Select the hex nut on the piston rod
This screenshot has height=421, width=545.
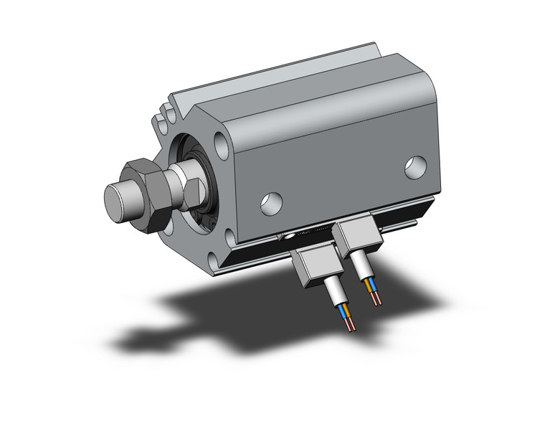[x=146, y=194]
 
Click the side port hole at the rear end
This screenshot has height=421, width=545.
[x=415, y=167]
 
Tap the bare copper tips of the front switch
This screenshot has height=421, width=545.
[x=349, y=326]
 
